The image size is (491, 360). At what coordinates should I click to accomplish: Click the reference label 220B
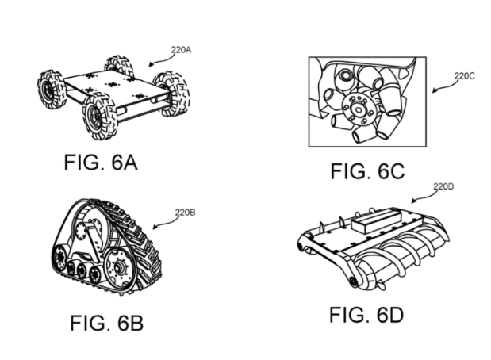185,213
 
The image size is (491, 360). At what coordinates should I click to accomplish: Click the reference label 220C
465,78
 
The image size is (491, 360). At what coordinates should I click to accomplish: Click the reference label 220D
443,187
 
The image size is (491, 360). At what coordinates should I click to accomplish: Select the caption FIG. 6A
101,163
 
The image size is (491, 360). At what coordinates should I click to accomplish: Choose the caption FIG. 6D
366,314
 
